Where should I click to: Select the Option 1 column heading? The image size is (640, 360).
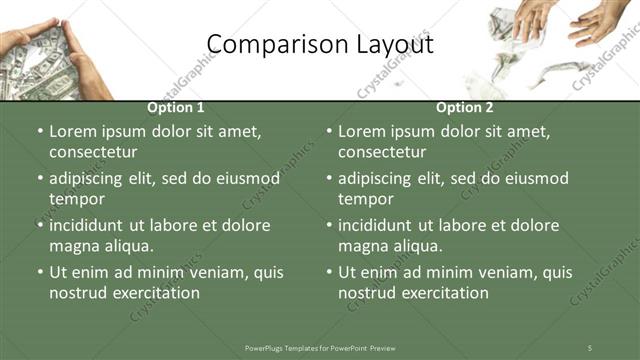pos(176,107)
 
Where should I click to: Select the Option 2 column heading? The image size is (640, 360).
pos(465,107)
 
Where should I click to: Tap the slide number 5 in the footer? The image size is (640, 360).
pos(590,347)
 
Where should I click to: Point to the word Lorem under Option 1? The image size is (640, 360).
pos(73,131)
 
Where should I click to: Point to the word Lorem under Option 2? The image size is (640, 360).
pos(362,131)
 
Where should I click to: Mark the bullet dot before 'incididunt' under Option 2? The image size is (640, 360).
pos(328,225)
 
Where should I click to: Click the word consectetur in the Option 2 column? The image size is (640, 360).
pos(382,152)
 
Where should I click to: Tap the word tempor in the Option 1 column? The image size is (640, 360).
pos(73,199)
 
